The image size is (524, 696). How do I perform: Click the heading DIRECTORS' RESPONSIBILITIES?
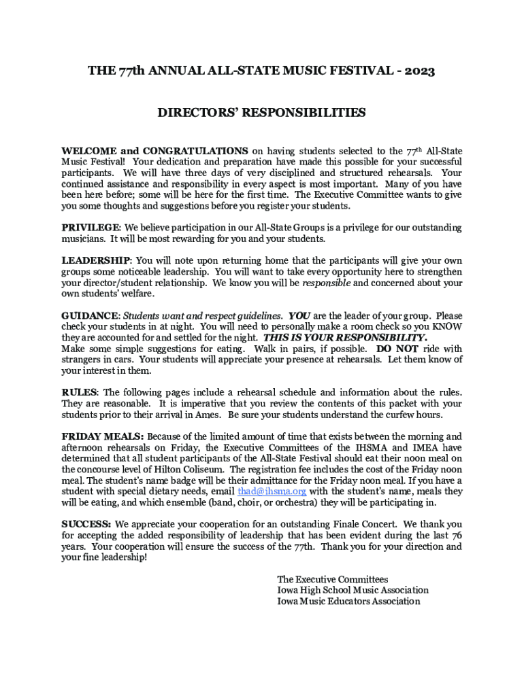tap(262, 113)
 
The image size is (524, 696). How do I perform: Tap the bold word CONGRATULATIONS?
tap(195, 151)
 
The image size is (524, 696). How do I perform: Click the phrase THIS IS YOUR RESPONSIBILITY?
tap(345, 338)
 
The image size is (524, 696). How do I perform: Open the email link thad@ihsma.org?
tap(272, 491)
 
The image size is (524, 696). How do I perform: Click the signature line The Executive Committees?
tap(333, 579)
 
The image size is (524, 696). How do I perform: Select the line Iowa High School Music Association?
tap(353, 590)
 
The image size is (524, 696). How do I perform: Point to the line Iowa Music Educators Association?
tap(348, 602)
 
